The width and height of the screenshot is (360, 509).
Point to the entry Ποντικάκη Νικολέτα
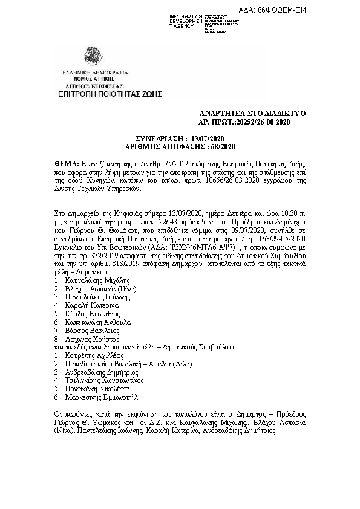[x=94, y=390]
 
